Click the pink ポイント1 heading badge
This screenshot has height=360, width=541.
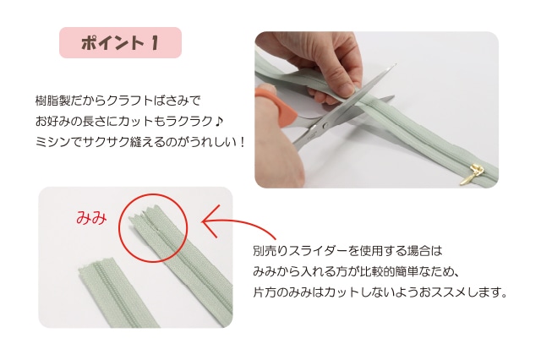tap(120, 43)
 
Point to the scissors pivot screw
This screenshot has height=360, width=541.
tap(325, 126)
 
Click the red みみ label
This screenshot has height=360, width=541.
tap(91, 218)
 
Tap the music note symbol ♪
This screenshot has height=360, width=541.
tap(219, 121)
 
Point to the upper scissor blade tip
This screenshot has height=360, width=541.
tap(395, 64)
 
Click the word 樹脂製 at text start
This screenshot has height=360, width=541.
tap(52, 101)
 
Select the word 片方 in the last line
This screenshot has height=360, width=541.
tap(265, 292)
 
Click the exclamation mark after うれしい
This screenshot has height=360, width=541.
tap(242, 142)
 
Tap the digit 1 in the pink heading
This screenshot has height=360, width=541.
tap(155, 43)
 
